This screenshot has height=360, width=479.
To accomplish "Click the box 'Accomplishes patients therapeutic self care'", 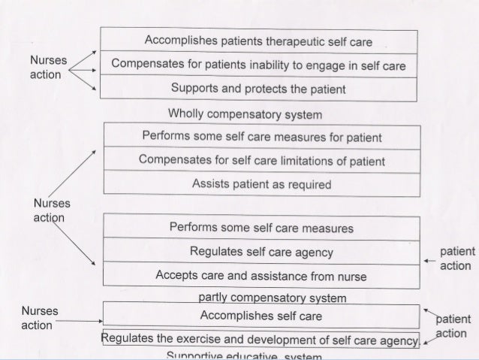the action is tap(258, 40).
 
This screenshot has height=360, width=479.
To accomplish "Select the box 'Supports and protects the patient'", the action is tap(258, 89).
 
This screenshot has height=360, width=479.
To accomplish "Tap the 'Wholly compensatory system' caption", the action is tap(246, 114).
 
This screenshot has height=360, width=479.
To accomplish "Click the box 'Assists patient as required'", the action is tap(261, 184).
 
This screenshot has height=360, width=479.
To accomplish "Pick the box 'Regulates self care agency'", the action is tap(261, 252).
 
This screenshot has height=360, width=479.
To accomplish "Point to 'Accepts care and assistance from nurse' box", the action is tap(261, 276).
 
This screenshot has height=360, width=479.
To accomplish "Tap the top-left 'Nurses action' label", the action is tap(46, 68).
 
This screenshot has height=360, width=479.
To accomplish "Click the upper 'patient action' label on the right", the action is tap(456, 259).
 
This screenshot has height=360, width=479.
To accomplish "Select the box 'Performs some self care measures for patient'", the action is tap(261, 138).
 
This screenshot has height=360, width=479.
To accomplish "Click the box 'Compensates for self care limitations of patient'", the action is tap(261, 161).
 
